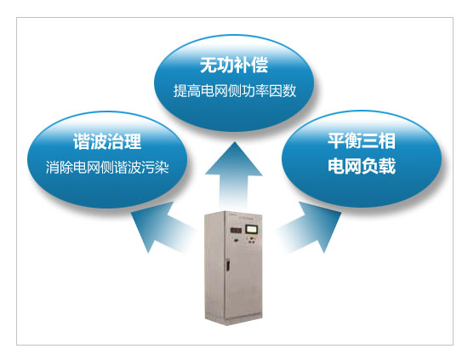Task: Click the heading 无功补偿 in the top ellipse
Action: [x=234, y=65]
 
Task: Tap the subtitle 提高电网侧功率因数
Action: [x=235, y=90]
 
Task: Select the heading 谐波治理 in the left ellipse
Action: [x=107, y=141]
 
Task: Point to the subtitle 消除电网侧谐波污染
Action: [x=107, y=167]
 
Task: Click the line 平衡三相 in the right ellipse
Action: [x=362, y=141]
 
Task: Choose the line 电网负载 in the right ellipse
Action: [x=362, y=166]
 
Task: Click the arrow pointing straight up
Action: [x=234, y=174]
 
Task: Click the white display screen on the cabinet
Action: [x=251, y=229]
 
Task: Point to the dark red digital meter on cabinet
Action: [x=236, y=230]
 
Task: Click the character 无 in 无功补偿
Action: [x=208, y=65]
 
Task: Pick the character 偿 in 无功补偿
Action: [x=260, y=65]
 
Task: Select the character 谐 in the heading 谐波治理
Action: [x=82, y=141]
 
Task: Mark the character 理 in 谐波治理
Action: [x=133, y=141]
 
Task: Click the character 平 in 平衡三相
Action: [x=336, y=141]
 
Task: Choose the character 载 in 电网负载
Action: [x=387, y=166]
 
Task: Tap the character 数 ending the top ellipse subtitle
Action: [x=289, y=90]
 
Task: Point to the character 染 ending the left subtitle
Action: [x=163, y=167]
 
